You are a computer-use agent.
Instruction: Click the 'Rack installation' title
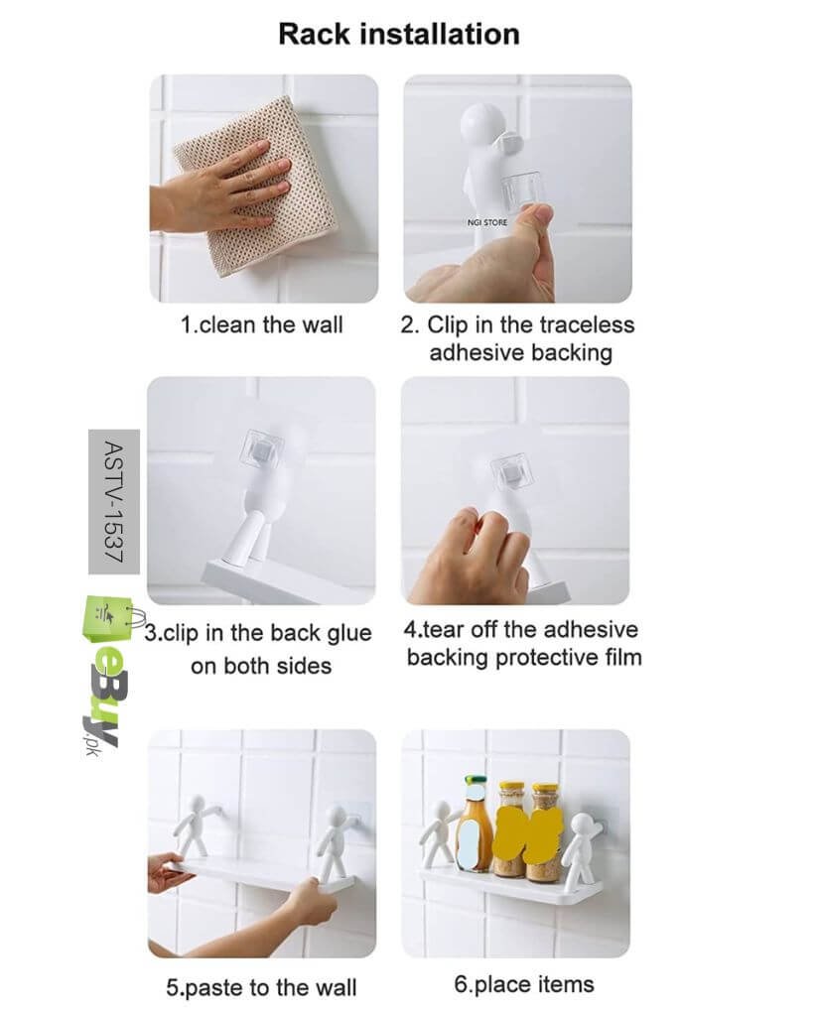(399, 34)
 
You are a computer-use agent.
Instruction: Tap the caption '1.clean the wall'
(261, 324)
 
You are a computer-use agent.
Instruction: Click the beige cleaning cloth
(256, 185)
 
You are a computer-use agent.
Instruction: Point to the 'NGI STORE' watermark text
(487, 222)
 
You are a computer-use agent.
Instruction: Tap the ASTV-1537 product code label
(113, 501)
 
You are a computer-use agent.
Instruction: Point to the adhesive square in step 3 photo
(262, 449)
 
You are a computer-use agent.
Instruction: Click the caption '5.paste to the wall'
(261, 987)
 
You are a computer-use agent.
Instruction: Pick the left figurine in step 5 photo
(197, 825)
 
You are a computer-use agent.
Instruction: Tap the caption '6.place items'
(524, 984)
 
